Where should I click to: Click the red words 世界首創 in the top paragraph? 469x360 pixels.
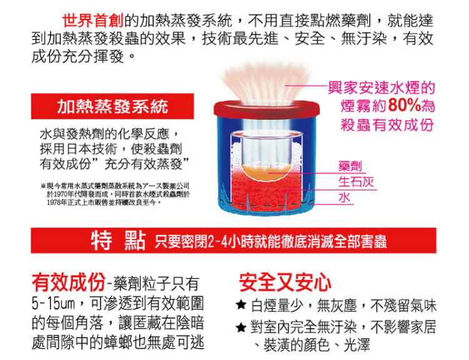click(x=93, y=21)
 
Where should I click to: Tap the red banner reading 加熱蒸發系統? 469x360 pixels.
click(x=113, y=106)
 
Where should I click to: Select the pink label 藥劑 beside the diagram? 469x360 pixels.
click(x=350, y=166)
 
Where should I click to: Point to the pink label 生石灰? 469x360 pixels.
click(x=356, y=182)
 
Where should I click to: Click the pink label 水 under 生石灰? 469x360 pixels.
click(x=345, y=197)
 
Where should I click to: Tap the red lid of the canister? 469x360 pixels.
click(x=266, y=109)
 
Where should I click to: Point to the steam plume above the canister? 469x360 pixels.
click(x=266, y=83)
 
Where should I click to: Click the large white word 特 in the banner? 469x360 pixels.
click(x=102, y=241)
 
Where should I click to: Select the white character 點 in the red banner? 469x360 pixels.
click(x=135, y=241)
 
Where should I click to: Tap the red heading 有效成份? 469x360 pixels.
click(x=69, y=282)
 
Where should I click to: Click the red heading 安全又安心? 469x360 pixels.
click(x=285, y=282)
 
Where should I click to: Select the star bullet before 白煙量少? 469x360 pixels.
click(x=241, y=304)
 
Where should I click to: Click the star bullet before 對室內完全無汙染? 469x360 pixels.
click(x=241, y=327)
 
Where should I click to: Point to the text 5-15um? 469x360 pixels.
click(x=53, y=304)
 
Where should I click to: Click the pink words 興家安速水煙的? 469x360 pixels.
click(x=381, y=88)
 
